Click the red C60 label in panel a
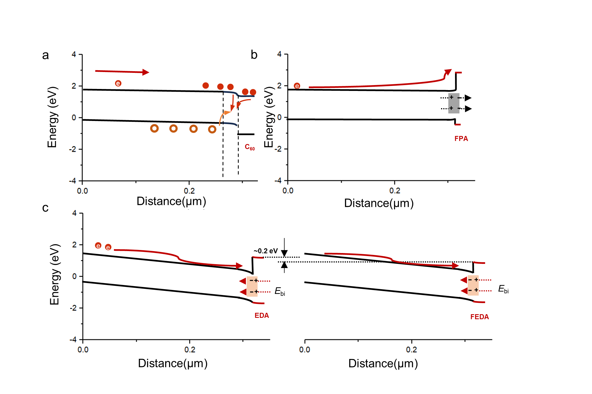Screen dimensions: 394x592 coord(249,147)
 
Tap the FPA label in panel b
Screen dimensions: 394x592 coord(461,138)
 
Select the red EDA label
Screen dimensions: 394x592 coord(262,315)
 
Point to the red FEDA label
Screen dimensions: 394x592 coord(480,317)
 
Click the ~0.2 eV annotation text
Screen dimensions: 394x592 coord(265,251)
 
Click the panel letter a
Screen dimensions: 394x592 coord(45,55)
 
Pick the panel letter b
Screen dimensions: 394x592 coord(254,55)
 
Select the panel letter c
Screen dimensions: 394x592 coord(45,208)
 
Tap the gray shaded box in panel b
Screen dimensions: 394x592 coord(454,103)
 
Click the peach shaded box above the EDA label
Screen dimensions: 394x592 coord(252,286)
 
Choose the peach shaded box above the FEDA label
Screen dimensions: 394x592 coord(473,285)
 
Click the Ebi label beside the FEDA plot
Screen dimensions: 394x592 coord(503,289)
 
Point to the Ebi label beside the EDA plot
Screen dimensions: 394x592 coord(280,291)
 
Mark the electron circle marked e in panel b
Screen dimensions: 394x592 coord(297,86)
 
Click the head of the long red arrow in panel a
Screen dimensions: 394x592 coord(146,72)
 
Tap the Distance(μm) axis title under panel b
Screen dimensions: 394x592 coord(379,203)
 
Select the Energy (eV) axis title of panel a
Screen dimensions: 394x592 coord(52,117)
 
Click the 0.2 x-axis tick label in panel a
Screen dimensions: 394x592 coord(189,191)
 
